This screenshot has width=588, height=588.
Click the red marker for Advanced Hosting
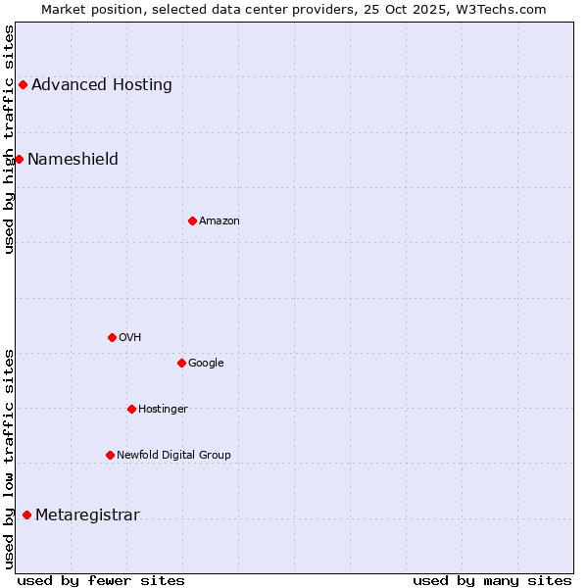point(23,84)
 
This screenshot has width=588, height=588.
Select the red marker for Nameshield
point(19,159)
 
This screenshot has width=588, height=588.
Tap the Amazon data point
point(192,220)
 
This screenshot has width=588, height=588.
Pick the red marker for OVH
point(112,337)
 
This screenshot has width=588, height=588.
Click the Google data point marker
point(181,363)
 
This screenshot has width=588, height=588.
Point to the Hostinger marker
point(131,409)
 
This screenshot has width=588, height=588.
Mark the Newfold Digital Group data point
point(110,455)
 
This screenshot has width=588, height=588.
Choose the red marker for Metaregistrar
point(26,515)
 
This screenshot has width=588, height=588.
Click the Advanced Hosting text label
point(102,84)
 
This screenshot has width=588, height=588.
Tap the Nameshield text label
point(73,159)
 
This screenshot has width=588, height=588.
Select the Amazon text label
point(220,220)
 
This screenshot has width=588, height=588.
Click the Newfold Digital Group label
point(173,455)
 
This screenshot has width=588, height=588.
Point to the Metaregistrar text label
point(87,515)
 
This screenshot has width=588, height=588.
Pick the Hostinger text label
point(163,409)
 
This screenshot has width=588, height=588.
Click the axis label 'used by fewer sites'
point(101,580)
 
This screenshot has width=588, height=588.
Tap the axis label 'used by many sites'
point(492,580)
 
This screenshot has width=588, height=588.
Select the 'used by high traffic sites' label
point(9,139)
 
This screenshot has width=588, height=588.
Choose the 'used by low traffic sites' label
point(9,459)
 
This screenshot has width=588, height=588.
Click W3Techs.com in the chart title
point(505,9)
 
